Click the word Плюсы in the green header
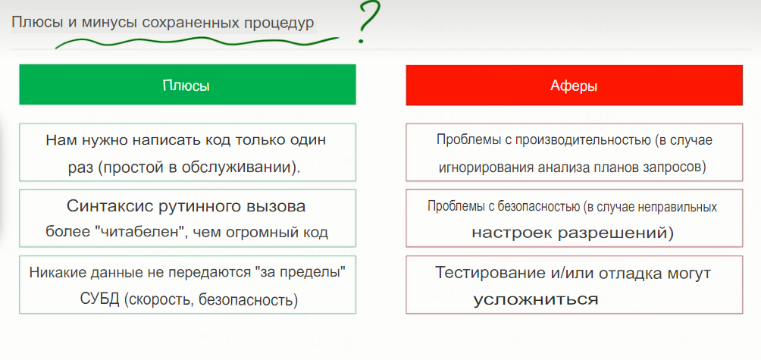(186, 86)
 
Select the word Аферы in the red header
(574, 86)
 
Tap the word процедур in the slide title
(278, 23)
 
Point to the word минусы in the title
(104, 23)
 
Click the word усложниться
(536, 299)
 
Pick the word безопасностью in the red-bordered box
(529, 206)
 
